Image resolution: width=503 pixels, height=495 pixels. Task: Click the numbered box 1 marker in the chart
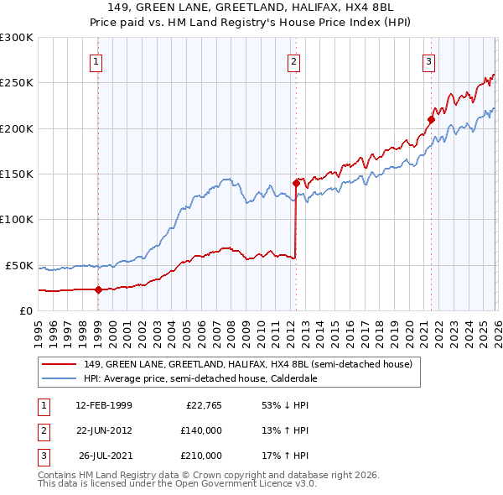click(97, 60)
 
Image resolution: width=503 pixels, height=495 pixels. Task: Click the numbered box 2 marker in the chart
click(294, 60)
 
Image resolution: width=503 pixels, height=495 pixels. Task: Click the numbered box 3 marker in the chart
click(428, 60)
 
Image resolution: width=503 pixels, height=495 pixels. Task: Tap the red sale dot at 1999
click(98, 289)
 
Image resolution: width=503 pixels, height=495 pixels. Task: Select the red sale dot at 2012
click(296, 182)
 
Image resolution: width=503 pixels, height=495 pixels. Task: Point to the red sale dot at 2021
click(431, 119)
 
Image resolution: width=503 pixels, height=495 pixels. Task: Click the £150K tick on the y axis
click(16, 174)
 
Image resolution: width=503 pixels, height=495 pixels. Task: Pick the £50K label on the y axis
click(18, 265)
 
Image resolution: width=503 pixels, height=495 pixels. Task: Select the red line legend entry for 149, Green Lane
click(247, 365)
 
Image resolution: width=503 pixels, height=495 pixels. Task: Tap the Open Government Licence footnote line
click(177, 484)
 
